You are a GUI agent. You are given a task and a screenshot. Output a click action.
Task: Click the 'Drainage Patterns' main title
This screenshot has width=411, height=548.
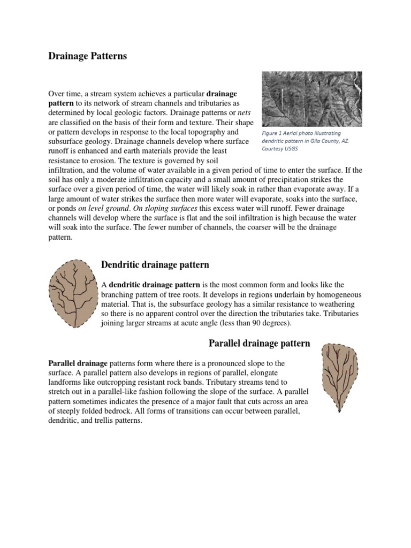pos(88,56)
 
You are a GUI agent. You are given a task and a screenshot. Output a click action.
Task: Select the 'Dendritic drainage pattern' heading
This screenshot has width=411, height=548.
pos(155,265)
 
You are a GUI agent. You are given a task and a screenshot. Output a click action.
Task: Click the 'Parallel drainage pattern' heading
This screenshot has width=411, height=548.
pos(258,343)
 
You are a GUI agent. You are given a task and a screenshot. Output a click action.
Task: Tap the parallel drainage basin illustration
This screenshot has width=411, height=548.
pos(338,377)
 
